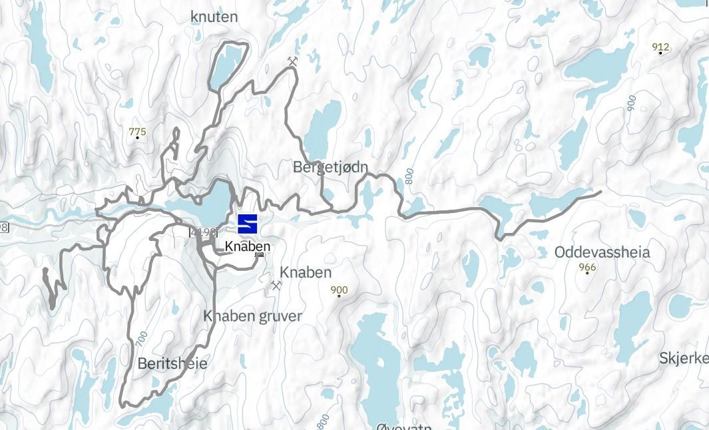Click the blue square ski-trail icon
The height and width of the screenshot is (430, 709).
[x=247, y=224]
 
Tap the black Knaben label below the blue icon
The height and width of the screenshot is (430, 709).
[x=248, y=246]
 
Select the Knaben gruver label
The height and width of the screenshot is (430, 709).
[x=252, y=316]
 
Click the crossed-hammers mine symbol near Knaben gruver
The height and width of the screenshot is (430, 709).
[x=276, y=286]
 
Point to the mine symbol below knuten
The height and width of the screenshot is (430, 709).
[x=292, y=62]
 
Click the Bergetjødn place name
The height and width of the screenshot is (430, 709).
[x=330, y=167]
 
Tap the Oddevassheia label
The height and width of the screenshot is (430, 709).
[x=602, y=253]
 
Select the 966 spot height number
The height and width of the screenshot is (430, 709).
[x=587, y=268]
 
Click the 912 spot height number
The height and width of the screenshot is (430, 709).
[x=660, y=47]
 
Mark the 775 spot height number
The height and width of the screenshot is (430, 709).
[x=137, y=132]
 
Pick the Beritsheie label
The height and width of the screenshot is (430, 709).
[x=172, y=363]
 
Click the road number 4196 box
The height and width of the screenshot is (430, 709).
[x=204, y=232]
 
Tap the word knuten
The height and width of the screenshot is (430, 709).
[x=214, y=16]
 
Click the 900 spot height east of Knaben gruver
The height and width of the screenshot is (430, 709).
[x=339, y=290]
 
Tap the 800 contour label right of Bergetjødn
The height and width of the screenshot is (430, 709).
[x=409, y=176]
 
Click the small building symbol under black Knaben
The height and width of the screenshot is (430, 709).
[x=260, y=254]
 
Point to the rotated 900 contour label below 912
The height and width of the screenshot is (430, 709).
[x=630, y=103]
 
